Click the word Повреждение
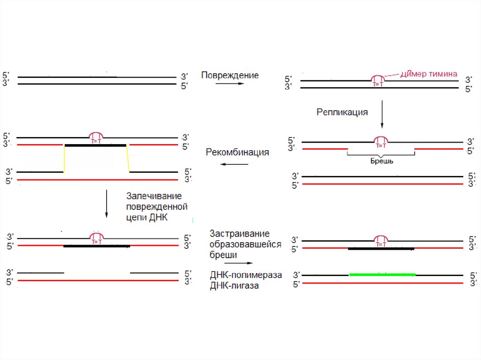tap(230, 75)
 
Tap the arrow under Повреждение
tap(230, 84)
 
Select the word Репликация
tap(342, 112)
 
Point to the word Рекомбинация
tap(237, 153)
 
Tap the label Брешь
tap(381, 161)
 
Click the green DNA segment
tap(382, 275)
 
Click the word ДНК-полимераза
tap(246, 276)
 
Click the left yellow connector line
tap(64, 159)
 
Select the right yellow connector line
tap(128, 159)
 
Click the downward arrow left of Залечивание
tap(107, 203)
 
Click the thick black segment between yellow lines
tap(95, 146)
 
